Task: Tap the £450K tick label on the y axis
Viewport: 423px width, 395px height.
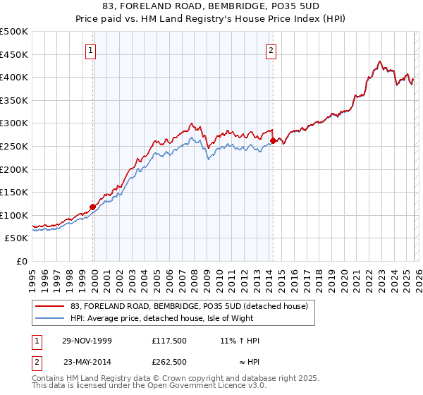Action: click(x=14, y=54)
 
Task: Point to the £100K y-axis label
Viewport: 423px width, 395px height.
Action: click(x=14, y=215)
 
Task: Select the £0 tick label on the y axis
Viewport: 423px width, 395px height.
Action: click(x=22, y=261)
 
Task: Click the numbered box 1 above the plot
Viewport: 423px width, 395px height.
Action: click(x=92, y=50)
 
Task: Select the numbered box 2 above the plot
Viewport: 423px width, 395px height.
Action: click(x=271, y=50)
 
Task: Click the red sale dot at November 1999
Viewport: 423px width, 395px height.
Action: click(x=92, y=207)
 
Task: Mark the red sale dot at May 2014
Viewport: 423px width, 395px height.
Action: click(x=273, y=141)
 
